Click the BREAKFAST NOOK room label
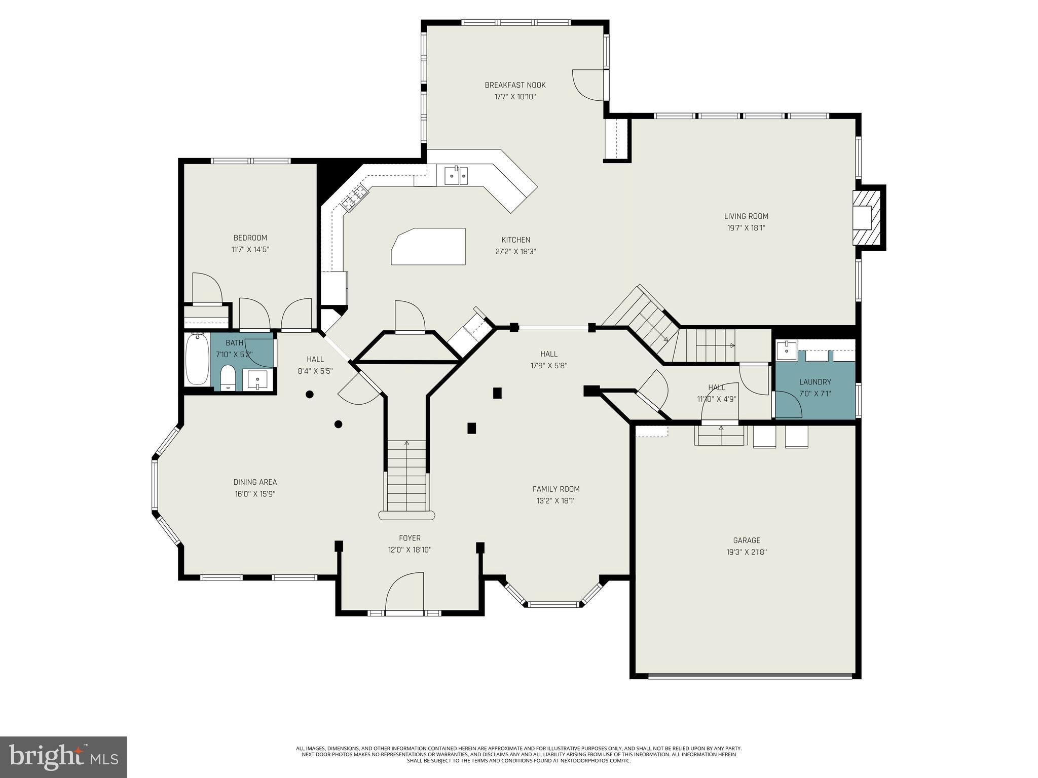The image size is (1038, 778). (x=515, y=85)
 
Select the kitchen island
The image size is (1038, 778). (x=429, y=246)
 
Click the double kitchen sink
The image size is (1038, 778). (x=456, y=176)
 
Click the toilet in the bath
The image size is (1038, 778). (x=228, y=377)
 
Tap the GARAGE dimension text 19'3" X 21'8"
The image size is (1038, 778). (x=746, y=552)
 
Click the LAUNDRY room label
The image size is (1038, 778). (x=815, y=382)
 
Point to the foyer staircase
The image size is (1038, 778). (x=406, y=476)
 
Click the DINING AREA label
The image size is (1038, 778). (x=255, y=482)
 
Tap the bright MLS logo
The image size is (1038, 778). (x=63, y=758)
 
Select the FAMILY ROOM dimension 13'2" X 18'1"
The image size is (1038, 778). (x=556, y=500)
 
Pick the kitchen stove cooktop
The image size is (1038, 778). (x=354, y=198)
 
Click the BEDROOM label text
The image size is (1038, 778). (x=250, y=238)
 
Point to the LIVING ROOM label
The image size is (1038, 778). (x=746, y=216)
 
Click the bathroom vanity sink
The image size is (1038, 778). (x=258, y=379)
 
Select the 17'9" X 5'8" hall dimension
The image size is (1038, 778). (x=548, y=365)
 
